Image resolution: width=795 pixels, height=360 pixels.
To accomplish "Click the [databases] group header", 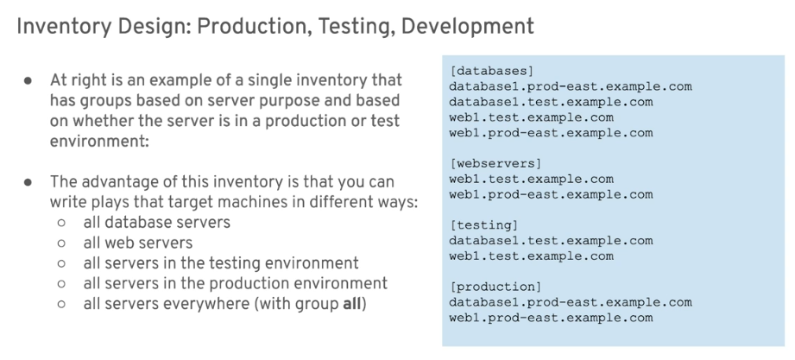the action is click(492, 71).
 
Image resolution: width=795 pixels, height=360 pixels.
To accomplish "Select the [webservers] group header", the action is click(495, 163).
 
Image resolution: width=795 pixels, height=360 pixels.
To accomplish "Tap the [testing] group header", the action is click(484, 225).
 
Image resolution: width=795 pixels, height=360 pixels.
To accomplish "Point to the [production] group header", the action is click(495, 287).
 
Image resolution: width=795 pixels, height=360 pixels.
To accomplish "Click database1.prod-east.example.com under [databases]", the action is click(571, 86).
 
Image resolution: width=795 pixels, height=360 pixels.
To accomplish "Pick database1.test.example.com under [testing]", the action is click(551, 241).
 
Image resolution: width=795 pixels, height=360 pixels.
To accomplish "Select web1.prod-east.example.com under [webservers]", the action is click(551, 194).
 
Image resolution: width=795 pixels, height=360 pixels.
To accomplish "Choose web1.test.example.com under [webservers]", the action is click(532, 179).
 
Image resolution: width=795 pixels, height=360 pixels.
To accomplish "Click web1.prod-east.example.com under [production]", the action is click(551, 318).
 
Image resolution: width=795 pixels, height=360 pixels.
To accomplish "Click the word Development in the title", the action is click(468, 27).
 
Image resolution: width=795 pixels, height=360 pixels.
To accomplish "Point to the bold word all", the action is click(352, 304).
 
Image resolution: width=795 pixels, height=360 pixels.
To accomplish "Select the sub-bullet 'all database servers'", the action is click(156, 222).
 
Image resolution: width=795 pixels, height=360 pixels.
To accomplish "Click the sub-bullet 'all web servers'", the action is click(138, 243).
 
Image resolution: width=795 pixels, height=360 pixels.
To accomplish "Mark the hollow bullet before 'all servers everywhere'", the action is click(61, 304).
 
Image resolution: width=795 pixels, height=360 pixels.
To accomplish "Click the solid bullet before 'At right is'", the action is click(28, 80).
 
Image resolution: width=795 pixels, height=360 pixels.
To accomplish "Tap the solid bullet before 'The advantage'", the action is click(28, 182).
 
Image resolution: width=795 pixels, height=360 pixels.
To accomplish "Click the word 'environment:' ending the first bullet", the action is click(99, 141).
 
